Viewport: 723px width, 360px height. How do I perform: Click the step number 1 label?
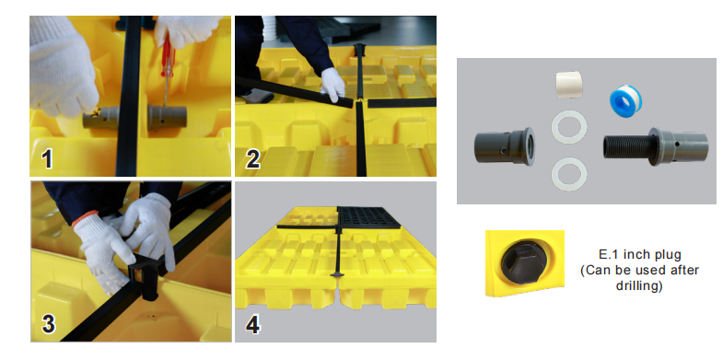[46, 159]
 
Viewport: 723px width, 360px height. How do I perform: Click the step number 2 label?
[252, 159]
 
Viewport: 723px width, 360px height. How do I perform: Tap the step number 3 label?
[49, 324]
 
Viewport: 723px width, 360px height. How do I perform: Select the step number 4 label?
[252, 325]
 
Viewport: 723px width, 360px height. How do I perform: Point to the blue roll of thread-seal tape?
[625, 101]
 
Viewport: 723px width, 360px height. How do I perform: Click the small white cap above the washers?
[568, 85]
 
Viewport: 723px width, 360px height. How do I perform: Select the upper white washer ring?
[569, 127]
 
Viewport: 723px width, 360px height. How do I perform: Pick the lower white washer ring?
[569, 174]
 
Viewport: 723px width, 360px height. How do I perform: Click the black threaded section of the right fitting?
[625, 147]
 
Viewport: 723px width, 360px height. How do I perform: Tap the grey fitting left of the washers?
[505, 146]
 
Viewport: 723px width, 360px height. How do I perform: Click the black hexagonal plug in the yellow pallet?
[523, 261]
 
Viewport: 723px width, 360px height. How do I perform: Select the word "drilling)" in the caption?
[639, 285]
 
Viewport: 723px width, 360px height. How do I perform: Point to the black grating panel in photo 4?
[368, 217]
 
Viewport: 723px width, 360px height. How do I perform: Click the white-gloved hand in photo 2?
[332, 84]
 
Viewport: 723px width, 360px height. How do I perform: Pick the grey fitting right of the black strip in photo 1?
[167, 116]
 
